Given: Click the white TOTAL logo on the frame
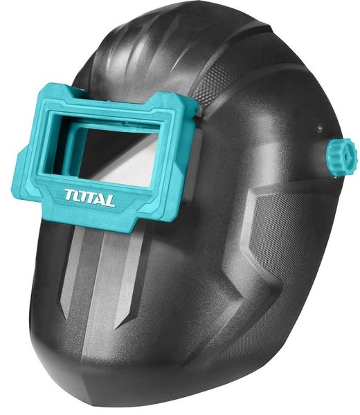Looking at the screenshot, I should click(90, 197).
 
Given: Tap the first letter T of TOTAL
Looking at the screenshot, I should click(71, 194).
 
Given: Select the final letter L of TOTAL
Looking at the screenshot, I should click(110, 202).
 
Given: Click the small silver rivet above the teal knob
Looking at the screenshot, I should click(319, 129).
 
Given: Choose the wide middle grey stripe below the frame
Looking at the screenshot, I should click(104, 270).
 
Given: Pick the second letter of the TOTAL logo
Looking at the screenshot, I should click(81, 196).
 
